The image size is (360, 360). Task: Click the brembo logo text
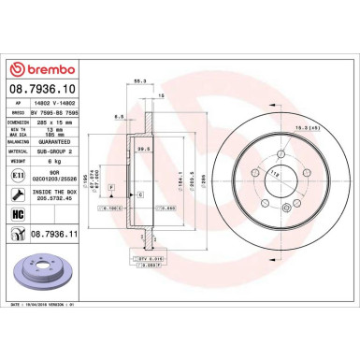click(x=45, y=69)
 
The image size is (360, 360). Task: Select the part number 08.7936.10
click(x=44, y=90)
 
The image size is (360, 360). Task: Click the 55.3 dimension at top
click(x=139, y=81)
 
